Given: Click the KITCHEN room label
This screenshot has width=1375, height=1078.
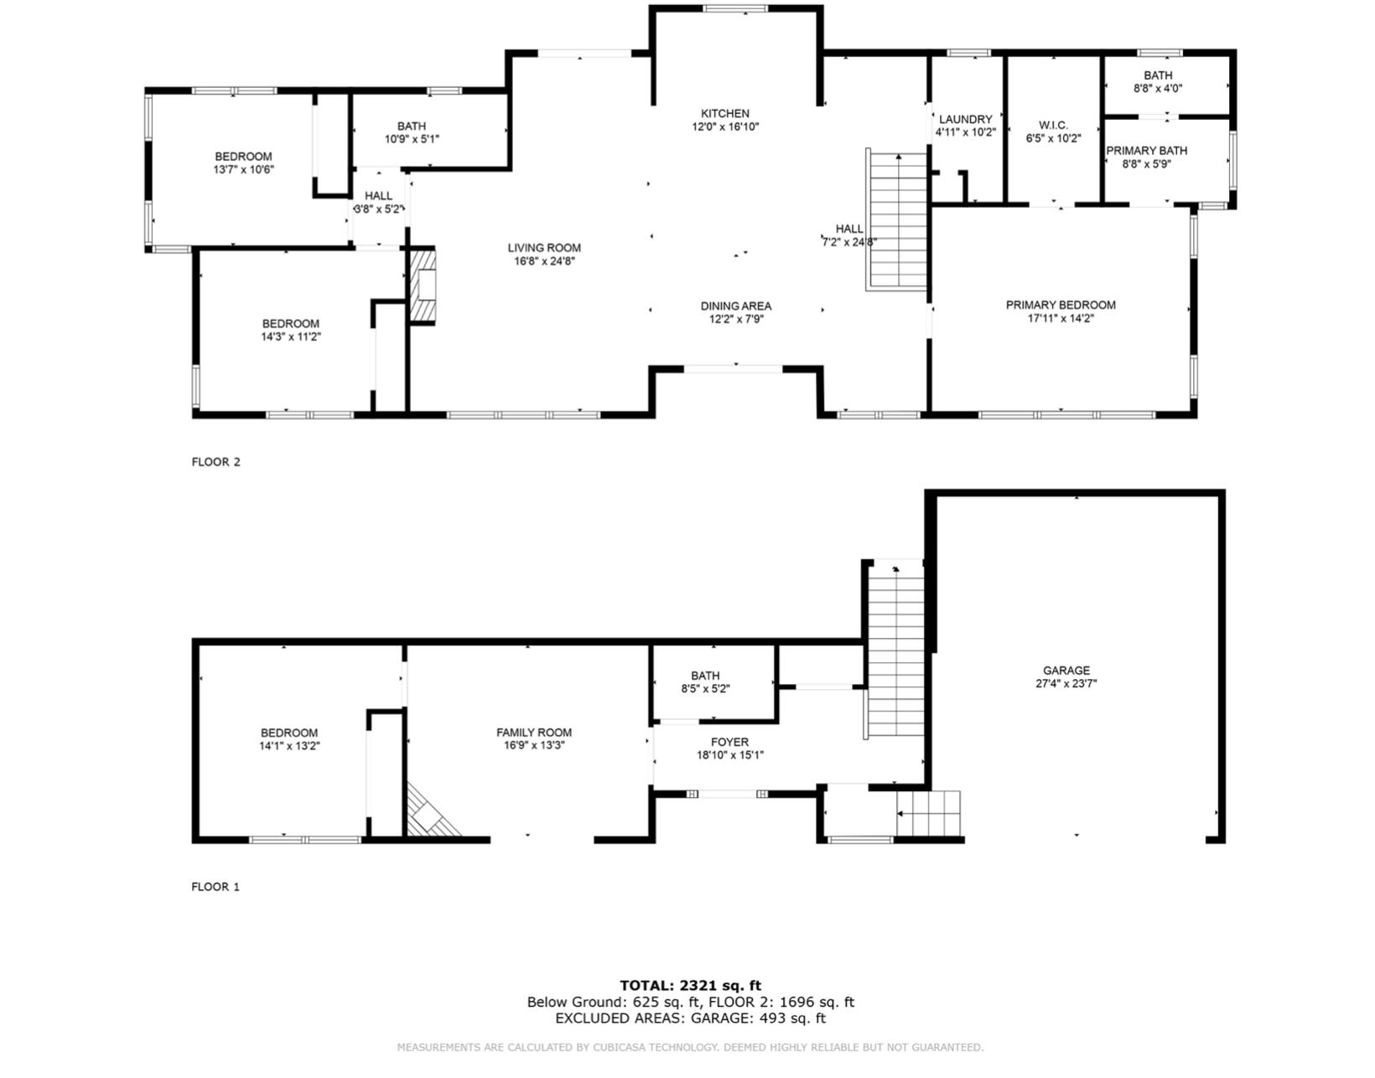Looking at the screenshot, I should pyautogui.click(x=725, y=114).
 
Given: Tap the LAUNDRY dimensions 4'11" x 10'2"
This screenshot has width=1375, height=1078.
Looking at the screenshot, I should pyautogui.click(x=965, y=132).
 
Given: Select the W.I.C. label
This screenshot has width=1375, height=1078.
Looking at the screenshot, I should pyautogui.click(x=1053, y=126).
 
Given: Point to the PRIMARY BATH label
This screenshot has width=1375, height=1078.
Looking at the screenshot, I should pyautogui.click(x=1146, y=151).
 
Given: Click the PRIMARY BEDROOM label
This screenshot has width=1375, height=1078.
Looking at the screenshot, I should pyautogui.click(x=1061, y=305).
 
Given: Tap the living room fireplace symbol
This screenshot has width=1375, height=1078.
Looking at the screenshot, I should pyautogui.click(x=424, y=285).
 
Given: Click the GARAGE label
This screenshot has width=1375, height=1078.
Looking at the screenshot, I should pyautogui.click(x=1066, y=671).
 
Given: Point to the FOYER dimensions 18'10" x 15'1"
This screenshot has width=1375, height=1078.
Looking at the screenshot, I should pyautogui.click(x=729, y=755).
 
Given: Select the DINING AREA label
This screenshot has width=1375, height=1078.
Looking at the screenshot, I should pyautogui.click(x=735, y=307).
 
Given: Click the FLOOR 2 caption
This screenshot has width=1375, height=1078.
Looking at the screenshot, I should pyautogui.click(x=215, y=462).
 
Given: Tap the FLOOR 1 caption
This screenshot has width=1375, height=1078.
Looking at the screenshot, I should pyautogui.click(x=215, y=887).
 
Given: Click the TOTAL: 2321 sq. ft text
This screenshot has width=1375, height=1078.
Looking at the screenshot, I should pyautogui.click(x=690, y=986).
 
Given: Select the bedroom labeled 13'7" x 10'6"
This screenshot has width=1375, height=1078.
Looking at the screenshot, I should pyautogui.click(x=243, y=157).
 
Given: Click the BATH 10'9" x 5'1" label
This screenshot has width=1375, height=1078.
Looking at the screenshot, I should pyautogui.click(x=411, y=127).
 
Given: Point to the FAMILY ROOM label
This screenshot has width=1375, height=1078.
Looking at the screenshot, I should pyautogui.click(x=533, y=733).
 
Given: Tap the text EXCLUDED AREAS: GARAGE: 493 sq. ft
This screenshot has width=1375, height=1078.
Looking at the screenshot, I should pyautogui.click(x=690, y=1018).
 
